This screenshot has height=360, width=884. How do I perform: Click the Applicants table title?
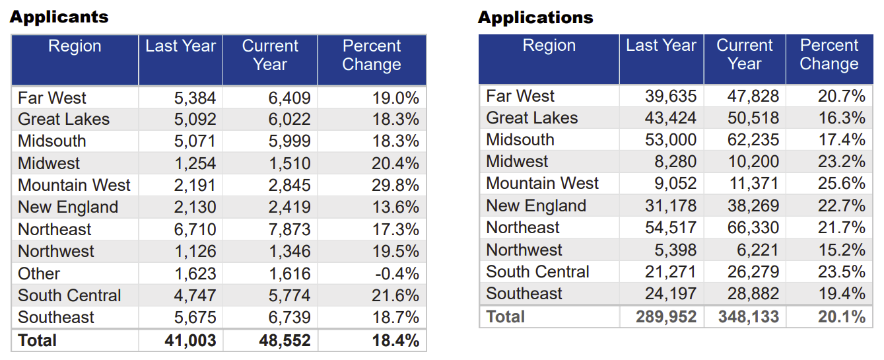click(x=59, y=17)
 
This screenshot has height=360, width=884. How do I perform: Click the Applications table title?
click(x=535, y=17)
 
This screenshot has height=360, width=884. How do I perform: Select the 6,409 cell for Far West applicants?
click(x=289, y=98)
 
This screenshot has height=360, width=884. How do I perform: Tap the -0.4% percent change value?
click(x=395, y=273)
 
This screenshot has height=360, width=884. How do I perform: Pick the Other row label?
click(x=39, y=273)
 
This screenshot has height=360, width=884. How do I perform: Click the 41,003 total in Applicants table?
click(x=189, y=341)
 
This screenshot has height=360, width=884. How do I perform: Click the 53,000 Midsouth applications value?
click(x=671, y=140)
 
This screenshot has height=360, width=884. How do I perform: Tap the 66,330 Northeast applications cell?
click(x=753, y=228)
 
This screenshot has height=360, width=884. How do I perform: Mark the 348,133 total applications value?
click(x=749, y=317)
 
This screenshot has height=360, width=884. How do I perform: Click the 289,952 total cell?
click(x=666, y=317)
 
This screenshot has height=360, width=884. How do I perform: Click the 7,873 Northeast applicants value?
click(x=289, y=230)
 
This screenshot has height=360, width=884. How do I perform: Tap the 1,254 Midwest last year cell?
click(x=195, y=164)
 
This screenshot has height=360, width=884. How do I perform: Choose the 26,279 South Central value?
click(x=753, y=272)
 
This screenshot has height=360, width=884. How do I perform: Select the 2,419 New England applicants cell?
click(x=289, y=207)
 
